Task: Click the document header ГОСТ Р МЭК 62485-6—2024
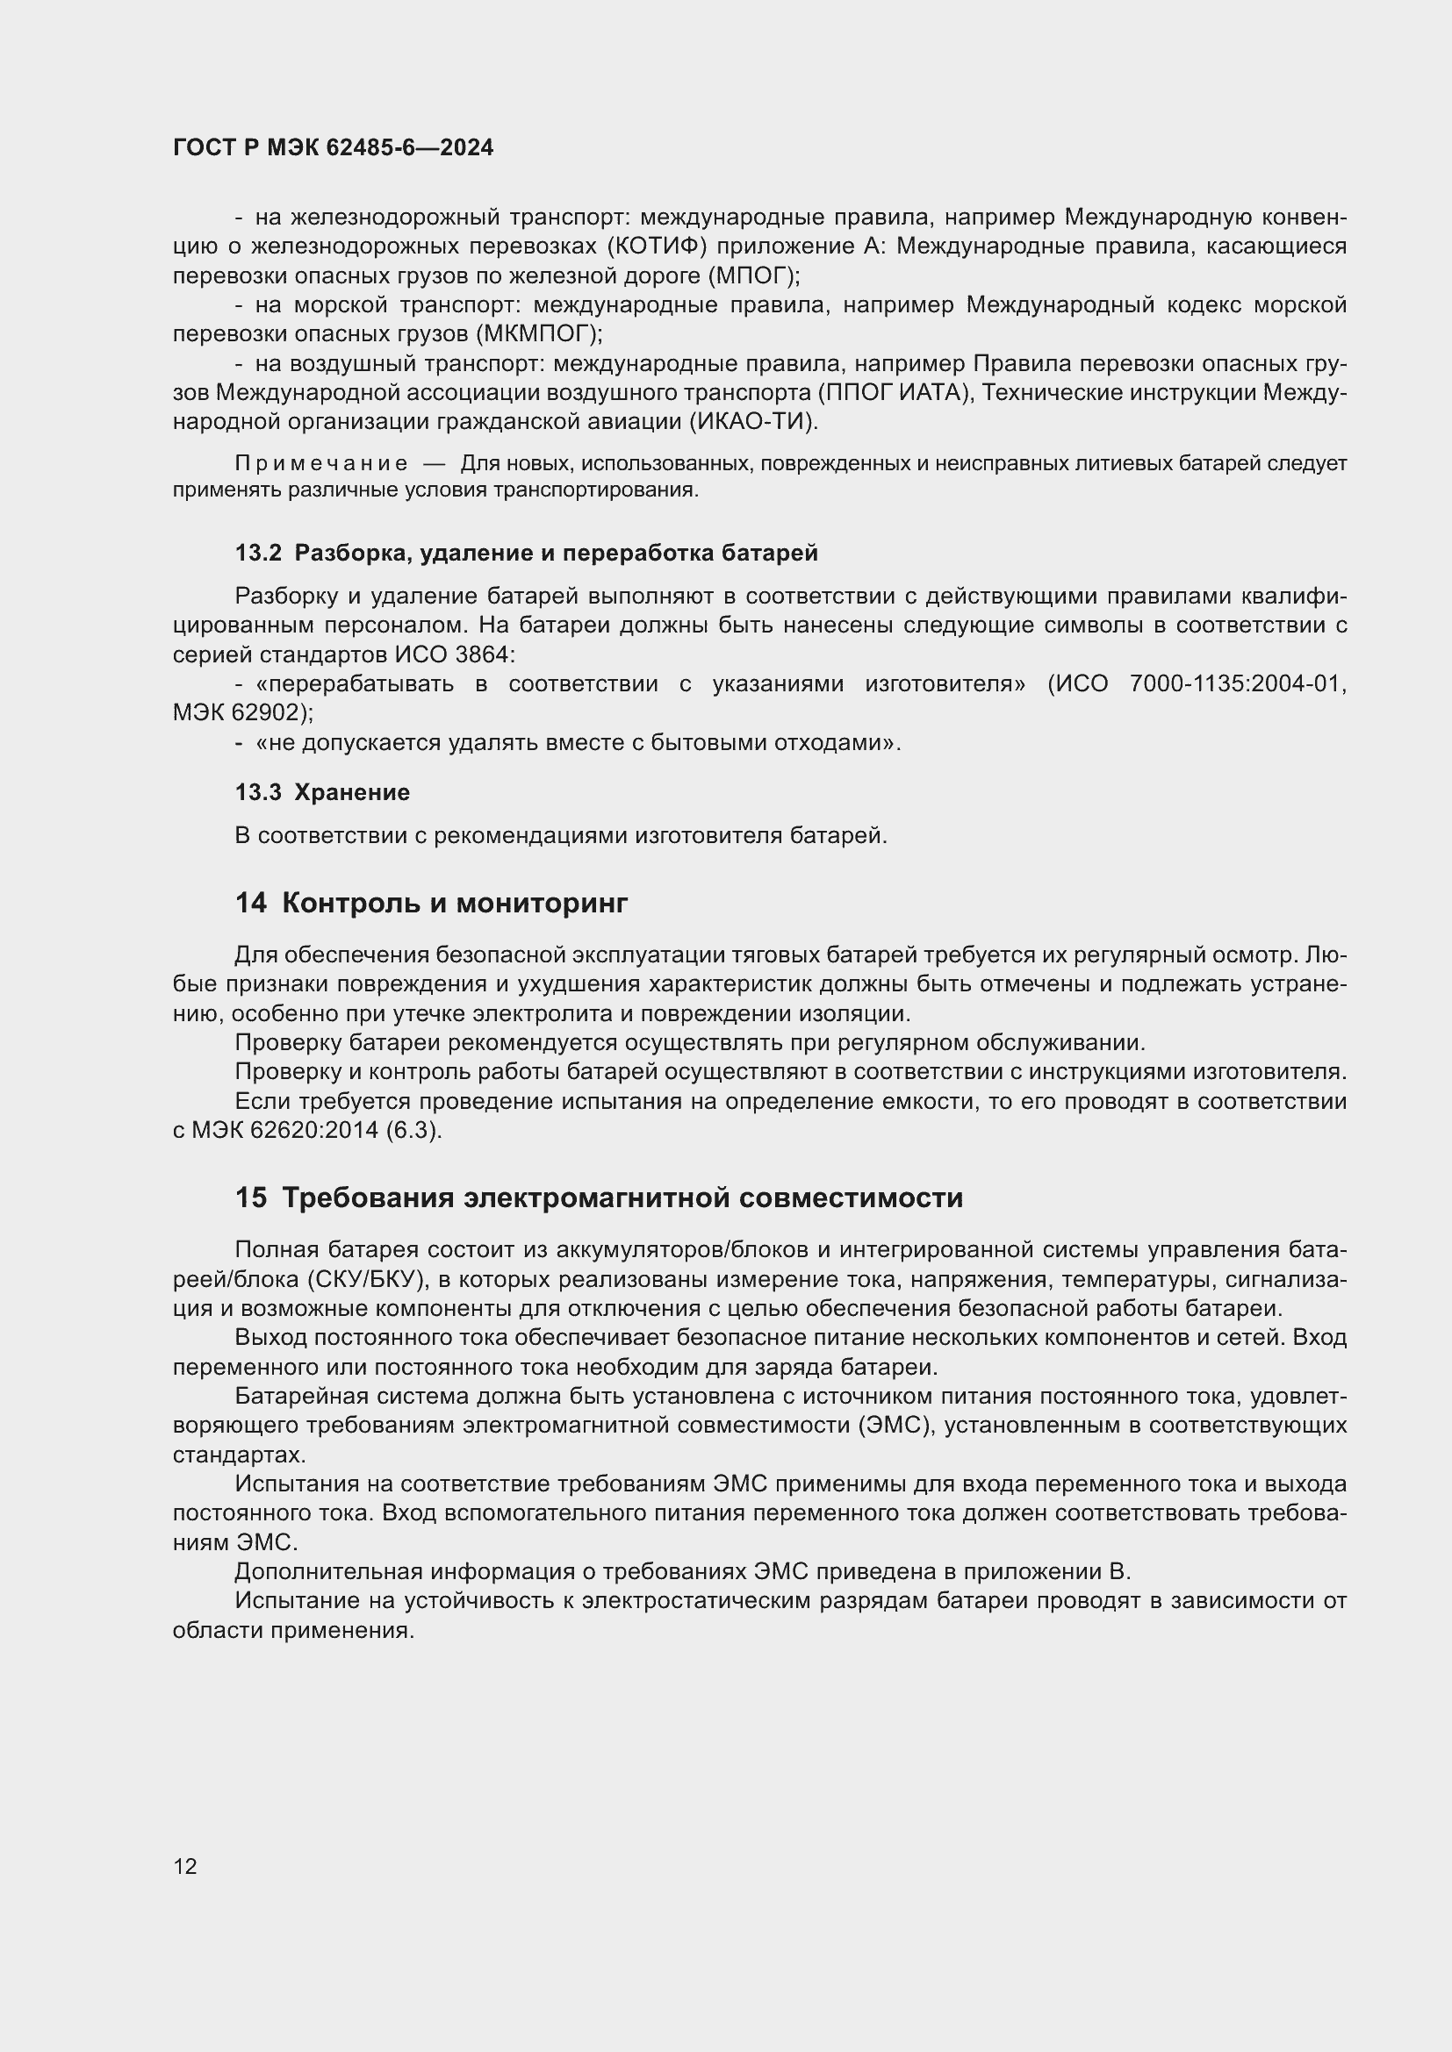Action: [x=333, y=148]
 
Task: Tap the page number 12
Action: [x=185, y=1866]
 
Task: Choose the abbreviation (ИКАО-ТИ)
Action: [x=754, y=422]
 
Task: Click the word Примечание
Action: [x=321, y=464]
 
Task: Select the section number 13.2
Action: [x=258, y=554]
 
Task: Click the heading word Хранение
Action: [x=352, y=793]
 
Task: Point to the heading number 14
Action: [x=251, y=904]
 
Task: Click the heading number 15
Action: [x=251, y=1198]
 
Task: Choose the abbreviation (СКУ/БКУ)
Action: [x=365, y=1280]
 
